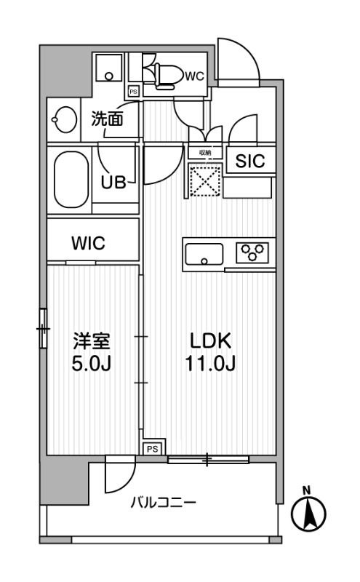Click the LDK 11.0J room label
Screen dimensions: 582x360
tap(210, 351)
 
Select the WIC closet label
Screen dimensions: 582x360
tap(88, 244)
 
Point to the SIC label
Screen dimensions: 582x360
tap(249, 162)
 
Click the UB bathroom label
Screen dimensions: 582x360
tap(113, 182)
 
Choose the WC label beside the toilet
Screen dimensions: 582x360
tap(193, 75)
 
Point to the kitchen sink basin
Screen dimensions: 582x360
tap(204, 255)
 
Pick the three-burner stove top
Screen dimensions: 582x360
tap(252, 252)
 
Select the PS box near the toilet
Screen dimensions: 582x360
tap(133, 92)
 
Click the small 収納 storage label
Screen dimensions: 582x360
tap(205, 153)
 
